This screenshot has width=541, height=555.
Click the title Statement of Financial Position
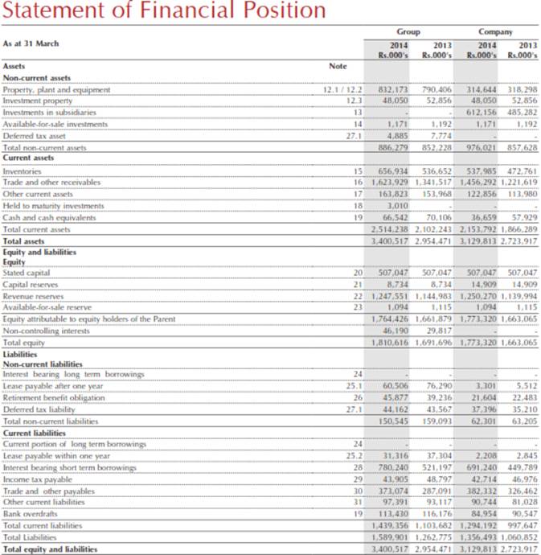click(164, 12)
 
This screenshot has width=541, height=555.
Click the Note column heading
click(338, 67)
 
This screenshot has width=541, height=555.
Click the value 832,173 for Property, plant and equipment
click(394, 90)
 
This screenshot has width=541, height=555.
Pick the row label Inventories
click(22, 171)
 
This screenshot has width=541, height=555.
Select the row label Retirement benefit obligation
click(53, 397)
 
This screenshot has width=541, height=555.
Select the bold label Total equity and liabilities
click(53, 549)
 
